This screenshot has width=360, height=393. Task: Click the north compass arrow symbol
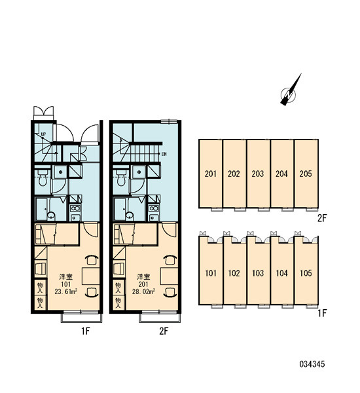290,91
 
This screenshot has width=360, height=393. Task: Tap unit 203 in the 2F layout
258,174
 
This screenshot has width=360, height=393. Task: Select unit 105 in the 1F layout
306,272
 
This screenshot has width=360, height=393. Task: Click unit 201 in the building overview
211,174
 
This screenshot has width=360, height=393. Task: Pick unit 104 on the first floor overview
282,272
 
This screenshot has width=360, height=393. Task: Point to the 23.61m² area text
65,291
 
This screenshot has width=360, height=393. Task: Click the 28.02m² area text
143,291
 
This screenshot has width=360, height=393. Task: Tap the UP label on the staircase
43,134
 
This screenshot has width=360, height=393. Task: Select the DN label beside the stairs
164,154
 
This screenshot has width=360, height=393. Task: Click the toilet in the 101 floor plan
43,177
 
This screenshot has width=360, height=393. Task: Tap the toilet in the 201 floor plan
121,177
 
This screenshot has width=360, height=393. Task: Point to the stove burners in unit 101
75,208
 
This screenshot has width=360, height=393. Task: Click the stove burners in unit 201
154,208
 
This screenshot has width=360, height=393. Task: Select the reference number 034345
312,364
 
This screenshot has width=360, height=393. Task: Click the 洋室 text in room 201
143,277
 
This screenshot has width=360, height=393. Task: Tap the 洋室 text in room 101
65,277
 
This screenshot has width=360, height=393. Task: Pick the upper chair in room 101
92,260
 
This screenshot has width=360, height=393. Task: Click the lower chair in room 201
170,293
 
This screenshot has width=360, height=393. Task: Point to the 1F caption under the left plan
86,331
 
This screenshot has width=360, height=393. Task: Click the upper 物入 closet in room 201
118,288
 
